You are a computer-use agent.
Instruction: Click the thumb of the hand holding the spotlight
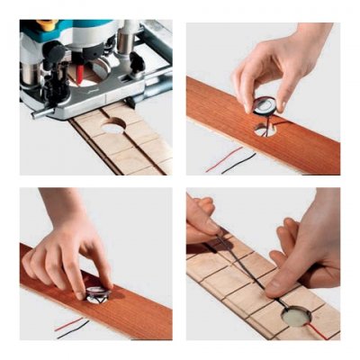tap(247, 93)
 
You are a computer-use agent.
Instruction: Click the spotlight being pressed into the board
tap(97, 292)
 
